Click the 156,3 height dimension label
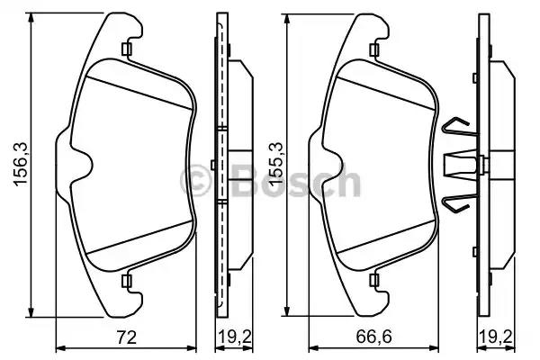21,165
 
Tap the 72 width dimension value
127,337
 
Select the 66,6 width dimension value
373,337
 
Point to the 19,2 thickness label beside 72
234,337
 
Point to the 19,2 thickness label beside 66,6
496,337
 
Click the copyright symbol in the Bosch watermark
195,181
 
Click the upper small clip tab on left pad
127,49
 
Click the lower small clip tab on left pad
127,281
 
